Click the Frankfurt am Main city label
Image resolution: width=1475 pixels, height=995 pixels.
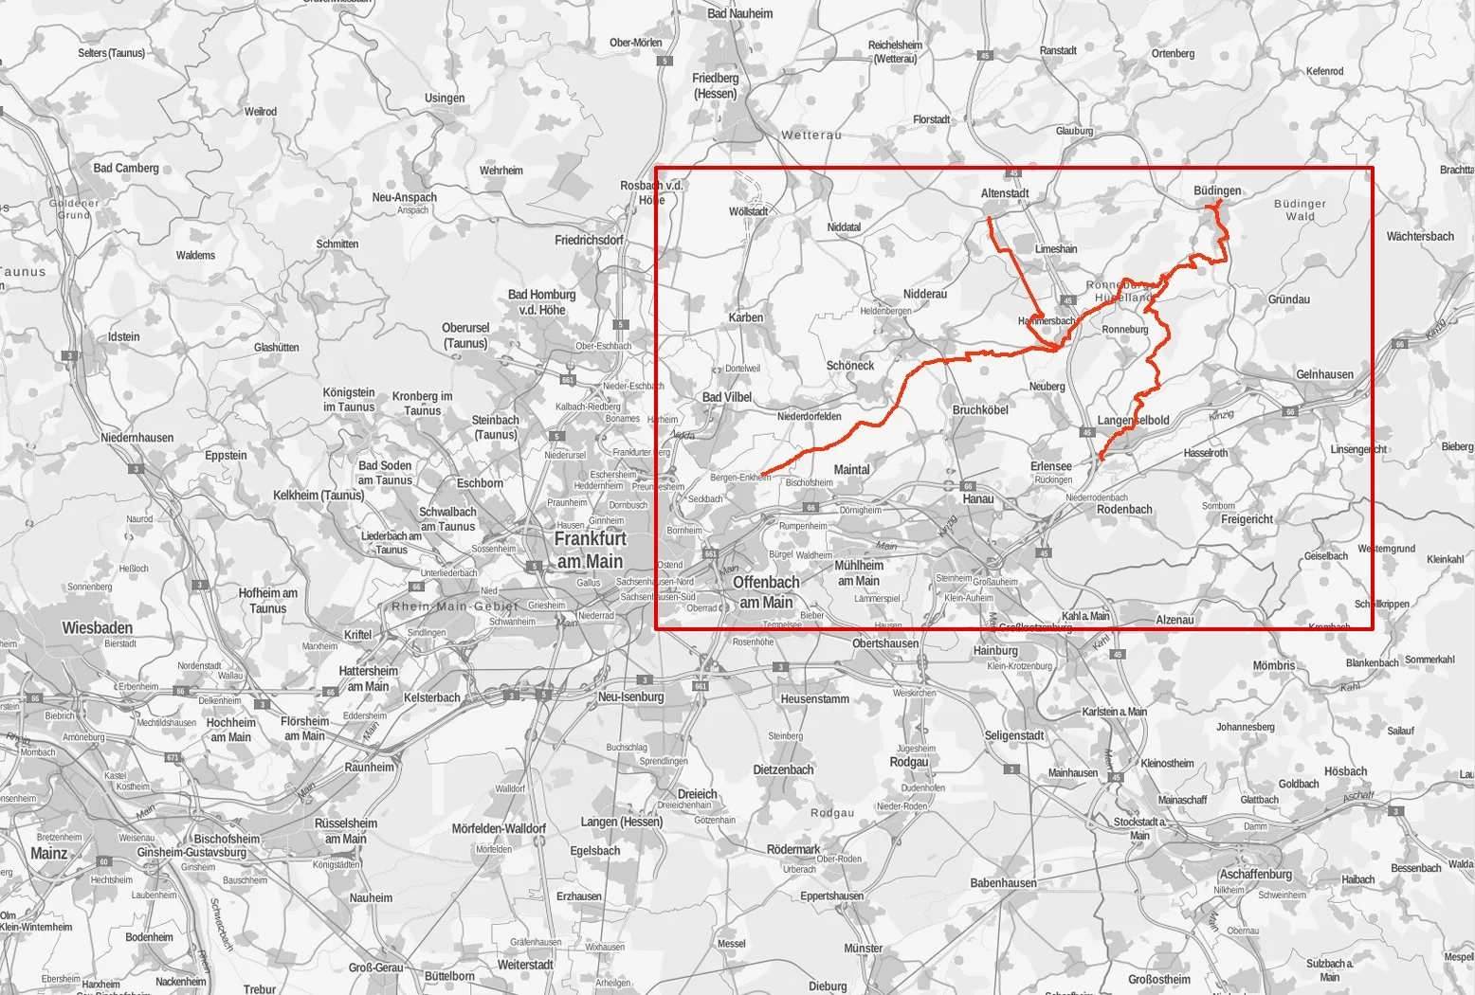pyautogui.click(x=590, y=550)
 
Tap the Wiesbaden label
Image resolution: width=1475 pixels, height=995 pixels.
pyautogui.click(x=98, y=627)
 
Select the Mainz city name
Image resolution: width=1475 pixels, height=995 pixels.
pyautogui.click(x=49, y=853)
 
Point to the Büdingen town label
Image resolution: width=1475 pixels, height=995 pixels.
pyautogui.click(x=1217, y=190)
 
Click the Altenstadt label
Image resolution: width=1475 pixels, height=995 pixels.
pyautogui.click(x=1005, y=193)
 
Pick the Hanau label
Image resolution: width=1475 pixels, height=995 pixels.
pyautogui.click(x=978, y=498)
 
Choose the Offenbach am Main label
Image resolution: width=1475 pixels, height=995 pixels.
pyautogui.click(x=766, y=591)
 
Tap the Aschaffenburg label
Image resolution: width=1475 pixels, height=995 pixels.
pyautogui.click(x=1256, y=874)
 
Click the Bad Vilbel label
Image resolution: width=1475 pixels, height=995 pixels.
pyautogui.click(x=726, y=398)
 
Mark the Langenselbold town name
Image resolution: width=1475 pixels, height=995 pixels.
pyautogui.click(x=1133, y=420)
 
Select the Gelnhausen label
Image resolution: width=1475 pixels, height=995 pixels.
pyautogui.click(x=1325, y=374)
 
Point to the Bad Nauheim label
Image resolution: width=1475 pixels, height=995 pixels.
pyautogui.click(x=740, y=13)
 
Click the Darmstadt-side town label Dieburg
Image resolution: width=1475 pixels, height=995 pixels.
pyautogui.click(x=828, y=986)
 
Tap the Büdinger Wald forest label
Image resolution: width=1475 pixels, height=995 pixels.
pyautogui.click(x=1300, y=209)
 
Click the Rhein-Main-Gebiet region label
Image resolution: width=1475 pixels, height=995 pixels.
pyautogui.click(x=455, y=606)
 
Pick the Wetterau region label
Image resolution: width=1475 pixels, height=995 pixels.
pyautogui.click(x=811, y=136)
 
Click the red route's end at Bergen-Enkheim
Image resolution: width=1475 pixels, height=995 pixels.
pyautogui.click(x=761, y=474)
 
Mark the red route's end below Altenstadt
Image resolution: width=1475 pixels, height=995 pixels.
pyautogui.click(x=990, y=219)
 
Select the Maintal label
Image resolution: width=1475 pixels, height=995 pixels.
pyautogui.click(x=851, y=469)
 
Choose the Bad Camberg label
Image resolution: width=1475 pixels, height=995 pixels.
pyautogui.click(x=126, y=168)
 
